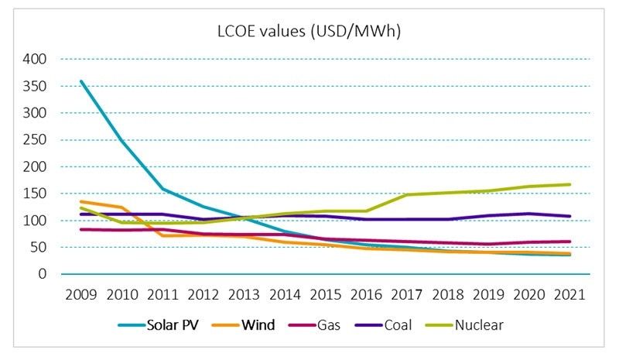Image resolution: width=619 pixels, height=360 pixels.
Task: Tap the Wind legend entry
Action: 256,325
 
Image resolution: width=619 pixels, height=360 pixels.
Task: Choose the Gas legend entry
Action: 327,325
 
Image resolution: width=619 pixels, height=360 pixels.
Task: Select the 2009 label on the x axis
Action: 80,294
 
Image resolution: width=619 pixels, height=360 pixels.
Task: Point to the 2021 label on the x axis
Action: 569,294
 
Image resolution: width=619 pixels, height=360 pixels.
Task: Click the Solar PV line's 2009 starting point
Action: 80,81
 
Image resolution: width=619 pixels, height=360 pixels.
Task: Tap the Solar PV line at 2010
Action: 121,140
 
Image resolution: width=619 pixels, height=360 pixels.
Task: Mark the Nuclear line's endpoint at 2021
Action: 569,184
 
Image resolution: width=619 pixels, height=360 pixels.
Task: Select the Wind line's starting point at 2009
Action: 80,201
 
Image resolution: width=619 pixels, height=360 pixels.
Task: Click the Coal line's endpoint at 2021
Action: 569,216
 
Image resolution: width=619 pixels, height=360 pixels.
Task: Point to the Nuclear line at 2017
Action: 407,194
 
